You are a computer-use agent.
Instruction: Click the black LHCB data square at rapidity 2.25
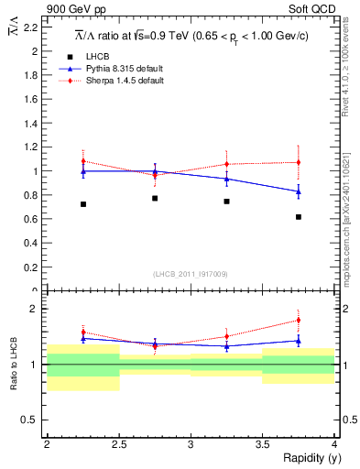(x=82, y=203)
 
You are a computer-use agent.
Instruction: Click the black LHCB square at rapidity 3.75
(x=299, y=217)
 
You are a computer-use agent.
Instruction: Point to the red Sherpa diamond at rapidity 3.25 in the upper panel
(x=226, y=165)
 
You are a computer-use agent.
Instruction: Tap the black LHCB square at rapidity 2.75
(x=155, y=198)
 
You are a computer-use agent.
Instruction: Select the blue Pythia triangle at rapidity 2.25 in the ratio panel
(x=82, y=339)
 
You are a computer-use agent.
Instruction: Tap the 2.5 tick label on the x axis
(x=119, y=444)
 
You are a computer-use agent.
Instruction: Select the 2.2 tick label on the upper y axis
(x=32, y=27)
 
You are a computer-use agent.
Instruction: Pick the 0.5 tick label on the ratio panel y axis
(x=32, y=420)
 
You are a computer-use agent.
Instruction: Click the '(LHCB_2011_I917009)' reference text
(x=190, y=273)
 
